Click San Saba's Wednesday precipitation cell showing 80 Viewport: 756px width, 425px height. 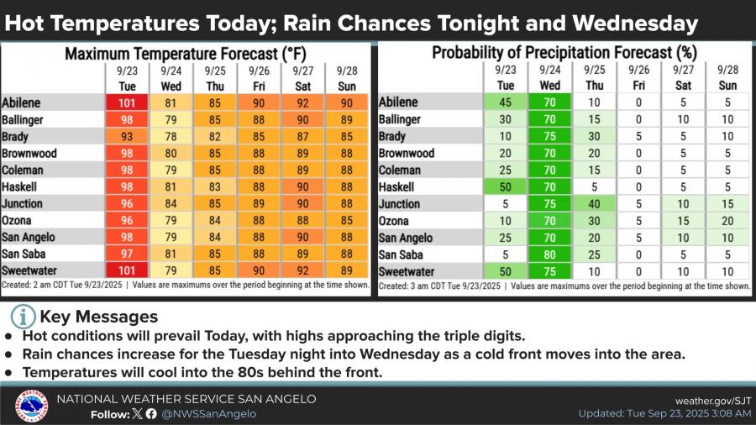549,254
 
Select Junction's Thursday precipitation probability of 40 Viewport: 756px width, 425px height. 594,204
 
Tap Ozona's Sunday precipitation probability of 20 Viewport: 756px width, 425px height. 727,221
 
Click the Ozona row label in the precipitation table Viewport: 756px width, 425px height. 396,221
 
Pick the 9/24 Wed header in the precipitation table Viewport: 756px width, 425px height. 549,78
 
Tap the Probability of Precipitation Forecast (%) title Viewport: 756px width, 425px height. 564,54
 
